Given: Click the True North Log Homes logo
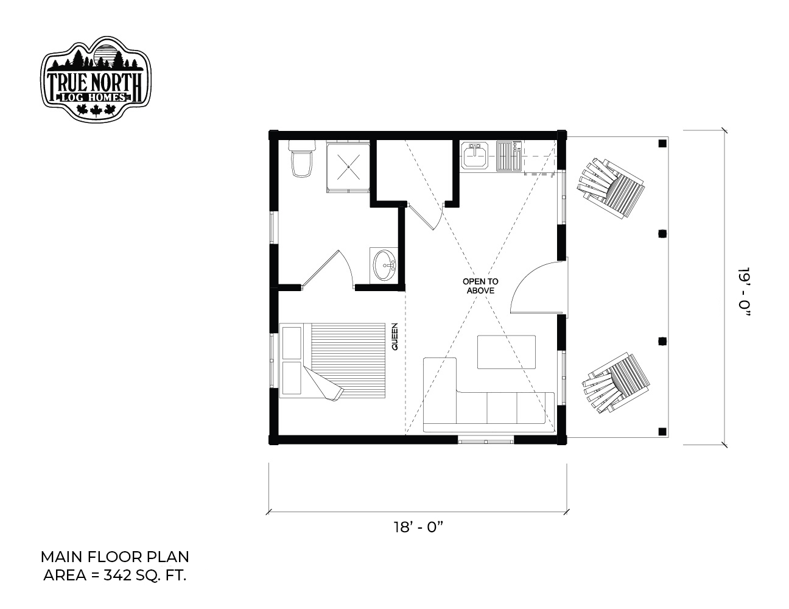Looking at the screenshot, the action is [96, 79].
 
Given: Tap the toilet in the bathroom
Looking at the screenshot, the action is [302, 158].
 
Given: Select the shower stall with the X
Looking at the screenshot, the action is [348, 167].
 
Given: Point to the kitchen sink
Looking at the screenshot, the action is [475, 156].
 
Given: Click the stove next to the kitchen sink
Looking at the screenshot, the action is [509, 156].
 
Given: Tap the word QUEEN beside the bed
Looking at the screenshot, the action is [394, 336].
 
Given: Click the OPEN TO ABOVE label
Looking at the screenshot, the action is [480, 286].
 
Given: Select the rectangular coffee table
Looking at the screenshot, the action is [506, 352].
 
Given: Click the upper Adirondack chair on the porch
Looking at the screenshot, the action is [611, 188].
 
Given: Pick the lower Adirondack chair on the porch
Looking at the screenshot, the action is [616, 383].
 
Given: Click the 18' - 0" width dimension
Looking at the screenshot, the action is [418, 527].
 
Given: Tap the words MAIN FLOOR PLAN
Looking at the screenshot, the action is [114, 557].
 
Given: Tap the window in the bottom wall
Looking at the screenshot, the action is [485, 442].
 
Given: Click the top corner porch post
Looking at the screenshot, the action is [662, 144].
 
